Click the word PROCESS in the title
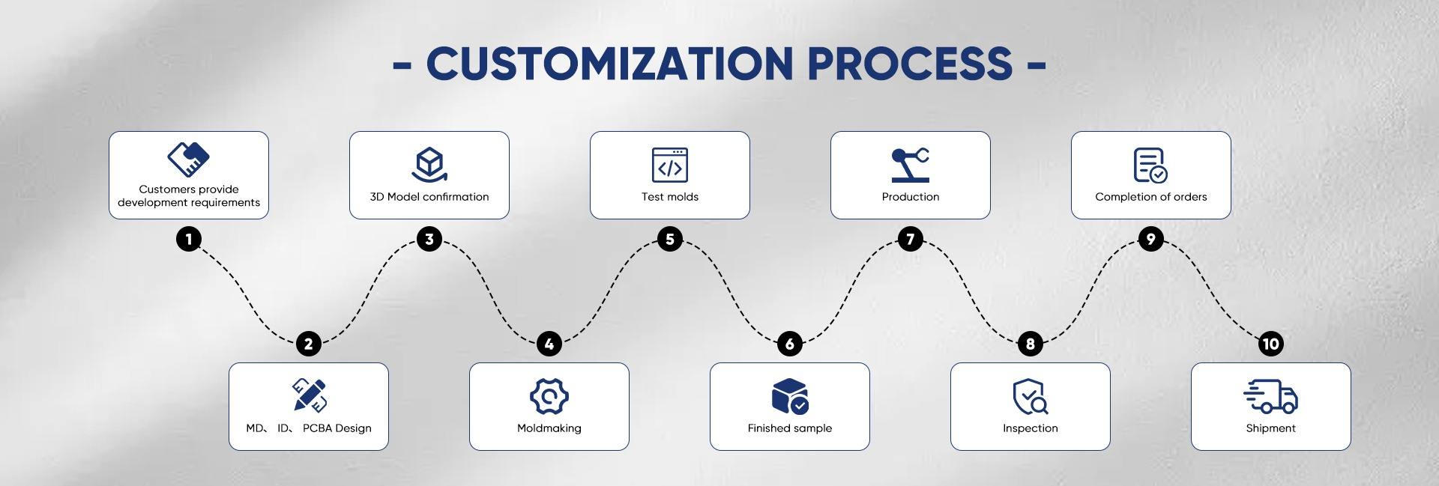[x=910, y=64]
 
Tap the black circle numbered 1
[x=189, y=240]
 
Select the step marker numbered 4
[x=549, y=344]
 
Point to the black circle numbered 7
[x=911, y=240]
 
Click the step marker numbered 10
[x=1271, y=344]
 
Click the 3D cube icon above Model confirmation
[x=429, y=165]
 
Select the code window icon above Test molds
[x=670, y=165]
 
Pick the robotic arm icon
[x=911, y=165]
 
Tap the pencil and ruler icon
[x=309, y=395]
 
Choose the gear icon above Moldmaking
[x=549, y=396]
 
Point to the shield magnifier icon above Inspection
[x=1031, y=396]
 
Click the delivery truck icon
[x=1270, y=396]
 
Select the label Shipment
[x=1270, y=428]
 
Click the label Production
[x=911, y=197]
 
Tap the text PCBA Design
[x=337, y=428]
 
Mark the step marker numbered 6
[x=790, y=344]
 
